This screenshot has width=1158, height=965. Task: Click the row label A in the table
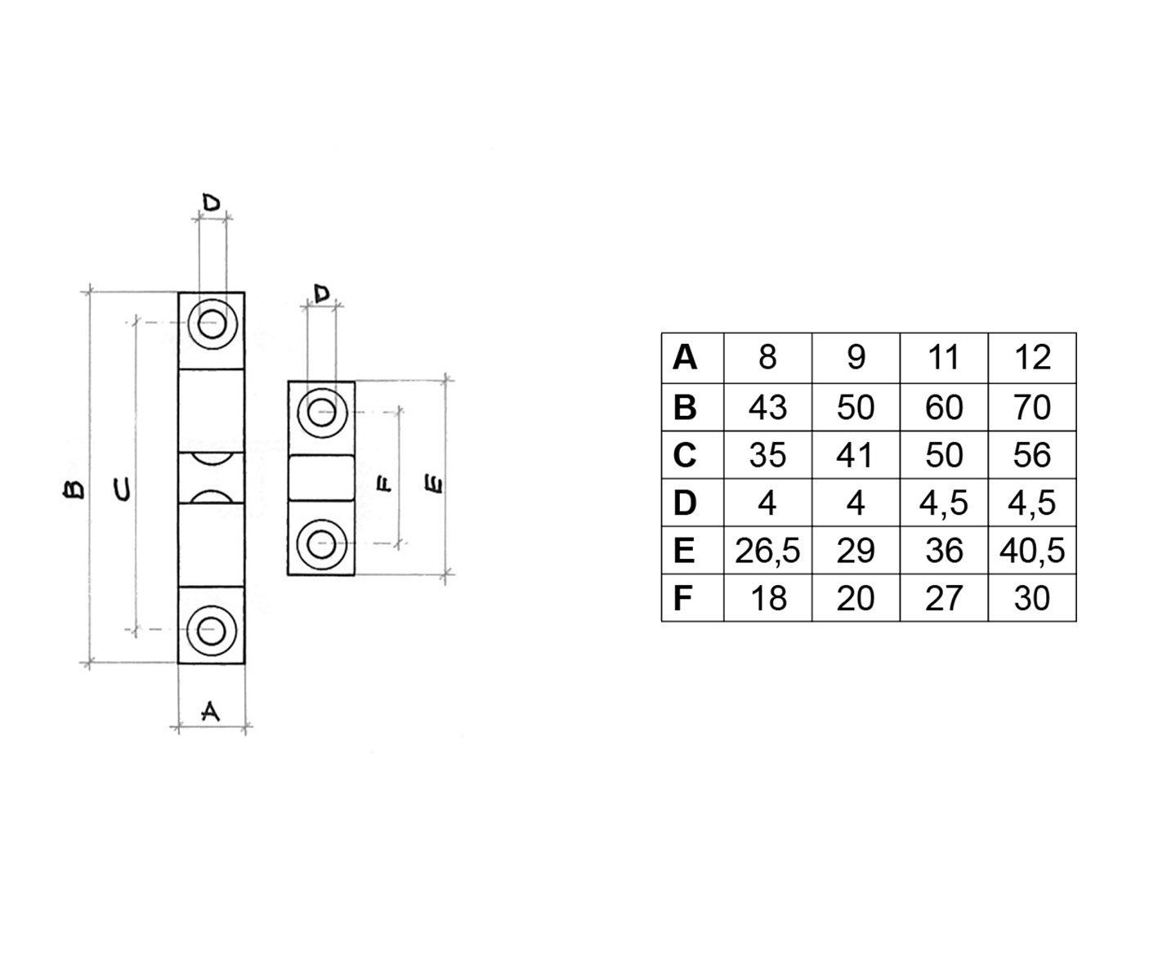685,358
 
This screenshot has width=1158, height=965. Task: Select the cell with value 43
767,407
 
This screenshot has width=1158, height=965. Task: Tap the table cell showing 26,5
767,551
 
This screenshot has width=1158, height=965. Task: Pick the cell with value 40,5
1032,551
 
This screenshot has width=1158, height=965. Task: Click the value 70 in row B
1032,407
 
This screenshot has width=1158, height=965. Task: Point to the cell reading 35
767,455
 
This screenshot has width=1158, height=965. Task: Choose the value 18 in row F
767,598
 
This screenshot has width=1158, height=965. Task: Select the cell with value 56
1032,455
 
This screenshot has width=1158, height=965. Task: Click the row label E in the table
684,551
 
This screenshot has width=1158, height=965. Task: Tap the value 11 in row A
944,358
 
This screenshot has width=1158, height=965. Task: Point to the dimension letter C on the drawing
121,489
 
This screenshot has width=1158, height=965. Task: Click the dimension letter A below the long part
211,712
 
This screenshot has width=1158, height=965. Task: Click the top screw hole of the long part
212,324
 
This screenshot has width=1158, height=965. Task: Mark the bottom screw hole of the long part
212,631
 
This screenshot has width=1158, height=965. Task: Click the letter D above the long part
212,203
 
